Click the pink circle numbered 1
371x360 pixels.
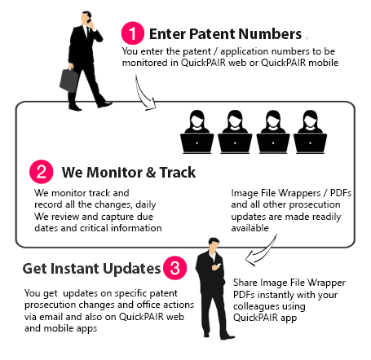tap(132, 33)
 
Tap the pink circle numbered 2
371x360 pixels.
tap(40, 173)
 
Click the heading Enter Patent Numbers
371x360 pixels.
tap(225, 34)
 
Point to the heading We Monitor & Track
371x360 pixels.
tap(128, 173)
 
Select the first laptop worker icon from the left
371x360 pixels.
tap(198, 130)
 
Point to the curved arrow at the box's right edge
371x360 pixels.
tap(263, 252)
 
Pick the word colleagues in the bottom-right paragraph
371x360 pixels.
tap(260, 308)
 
